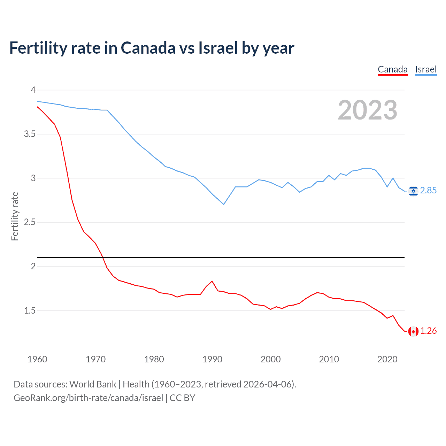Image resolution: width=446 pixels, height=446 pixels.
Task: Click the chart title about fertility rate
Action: (152, 48)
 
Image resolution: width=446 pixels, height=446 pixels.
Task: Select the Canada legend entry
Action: (393, 69)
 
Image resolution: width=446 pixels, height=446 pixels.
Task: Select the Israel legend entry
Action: (426, 69)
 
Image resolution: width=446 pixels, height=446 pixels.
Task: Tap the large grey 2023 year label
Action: (368, 110)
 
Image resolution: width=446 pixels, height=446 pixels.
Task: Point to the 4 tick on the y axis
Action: (33, 90)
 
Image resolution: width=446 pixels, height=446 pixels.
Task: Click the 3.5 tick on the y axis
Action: (30, 134)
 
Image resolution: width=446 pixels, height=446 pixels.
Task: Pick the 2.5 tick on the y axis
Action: (30, 222)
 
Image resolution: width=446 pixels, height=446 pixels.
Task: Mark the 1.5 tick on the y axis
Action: (30, 310)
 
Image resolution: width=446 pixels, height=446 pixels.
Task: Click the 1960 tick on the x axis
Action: (37, 359)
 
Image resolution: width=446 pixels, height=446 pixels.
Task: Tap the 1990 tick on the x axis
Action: (212, 359)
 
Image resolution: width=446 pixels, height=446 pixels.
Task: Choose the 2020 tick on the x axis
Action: (387, 359)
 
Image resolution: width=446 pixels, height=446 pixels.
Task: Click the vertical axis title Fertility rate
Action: (15, 216)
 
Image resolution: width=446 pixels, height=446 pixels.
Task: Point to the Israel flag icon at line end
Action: (413, 191)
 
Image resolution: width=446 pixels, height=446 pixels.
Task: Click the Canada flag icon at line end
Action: (413, 331)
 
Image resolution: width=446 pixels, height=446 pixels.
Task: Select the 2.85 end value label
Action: (428, 190)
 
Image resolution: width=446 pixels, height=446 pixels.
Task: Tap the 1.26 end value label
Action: (428, 331)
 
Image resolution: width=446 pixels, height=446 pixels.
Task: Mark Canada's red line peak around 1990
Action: (212, 281)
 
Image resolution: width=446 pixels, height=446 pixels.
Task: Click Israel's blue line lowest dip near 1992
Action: (224, 204)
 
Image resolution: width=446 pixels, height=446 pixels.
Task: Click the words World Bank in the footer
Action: (93, 384)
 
